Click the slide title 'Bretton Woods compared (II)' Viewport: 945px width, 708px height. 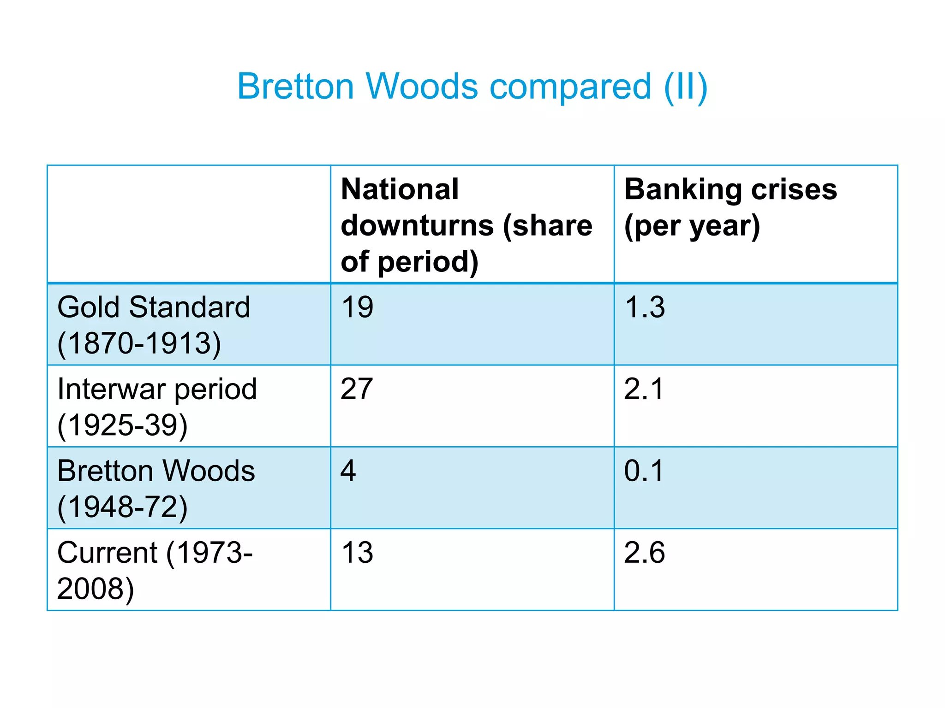[x=472, y=87]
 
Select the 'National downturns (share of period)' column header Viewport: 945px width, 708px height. [x=466, y=225]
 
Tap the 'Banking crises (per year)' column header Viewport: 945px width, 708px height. [x=730, y=207]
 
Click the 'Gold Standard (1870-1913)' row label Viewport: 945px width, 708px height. [x=154, y=325]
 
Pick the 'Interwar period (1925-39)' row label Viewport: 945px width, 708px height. [x=157, y=407]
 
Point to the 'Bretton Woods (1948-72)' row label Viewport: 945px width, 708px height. [x=156, y=489]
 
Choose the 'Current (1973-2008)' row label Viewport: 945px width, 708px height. [x=155, y=570]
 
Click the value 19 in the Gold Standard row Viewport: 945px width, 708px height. [x=357, y=307]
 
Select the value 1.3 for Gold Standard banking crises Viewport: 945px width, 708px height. [x=645, y=307]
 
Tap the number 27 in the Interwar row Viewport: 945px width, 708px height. [x=357, y=389]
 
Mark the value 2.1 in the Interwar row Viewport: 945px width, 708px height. [x=644, y=389]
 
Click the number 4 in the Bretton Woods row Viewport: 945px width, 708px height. [x=348, y=471]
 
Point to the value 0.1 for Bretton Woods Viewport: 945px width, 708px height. [x=644, y=471]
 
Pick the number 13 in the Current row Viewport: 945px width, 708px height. [x=357, y=553]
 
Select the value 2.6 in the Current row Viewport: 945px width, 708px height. [x=645, y=553]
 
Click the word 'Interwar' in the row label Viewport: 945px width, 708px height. [x=111, y=389]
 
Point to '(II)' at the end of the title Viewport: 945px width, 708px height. [x=685, y=87]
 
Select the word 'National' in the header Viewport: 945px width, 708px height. [x=400, y=189]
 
